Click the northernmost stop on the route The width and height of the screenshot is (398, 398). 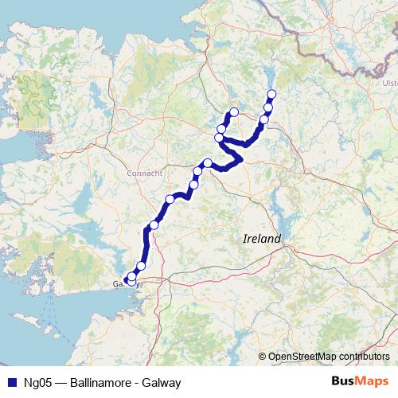click(271, 95)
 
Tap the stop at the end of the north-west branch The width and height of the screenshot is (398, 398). click(234, 112)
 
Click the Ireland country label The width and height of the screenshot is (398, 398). click(262, 239)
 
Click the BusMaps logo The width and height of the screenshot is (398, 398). click(360, 381)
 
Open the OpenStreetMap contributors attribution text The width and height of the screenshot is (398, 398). click(328, 356)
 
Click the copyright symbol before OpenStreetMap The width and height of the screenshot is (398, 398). click(262, 356)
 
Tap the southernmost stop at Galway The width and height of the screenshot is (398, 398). click(132, 281)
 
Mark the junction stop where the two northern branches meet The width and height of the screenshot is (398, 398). click(220, 139)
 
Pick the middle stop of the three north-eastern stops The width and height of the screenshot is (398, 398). click(268, 108)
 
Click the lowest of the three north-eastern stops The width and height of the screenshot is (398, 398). click(264, 120)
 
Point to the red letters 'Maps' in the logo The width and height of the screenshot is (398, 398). click(373, 381)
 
